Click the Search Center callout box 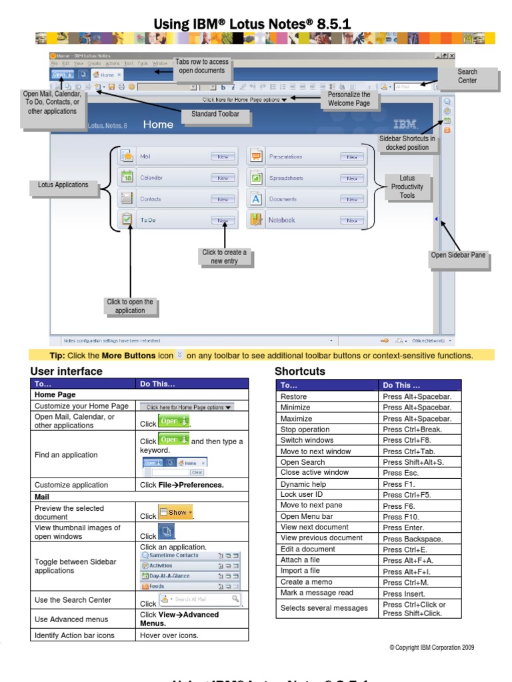[x=467, y=77]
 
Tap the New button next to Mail [x=223, y=157]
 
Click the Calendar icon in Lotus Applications [x=127, y=177]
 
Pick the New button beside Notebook [x=351, y=220]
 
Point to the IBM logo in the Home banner [x=405, y=124]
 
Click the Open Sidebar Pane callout [x=458, y=255]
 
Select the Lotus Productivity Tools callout [x=407, y=187]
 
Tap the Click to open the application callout [x=130, y=306]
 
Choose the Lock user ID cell [x=327, y=495]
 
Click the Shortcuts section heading [x=300, y=372]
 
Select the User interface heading [x=67, y=372]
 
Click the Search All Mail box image [x=200, y=599]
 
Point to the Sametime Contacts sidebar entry [x=174, y=555]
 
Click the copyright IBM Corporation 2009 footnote [x=431, y=647]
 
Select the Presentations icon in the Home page [x=256, y=157]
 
